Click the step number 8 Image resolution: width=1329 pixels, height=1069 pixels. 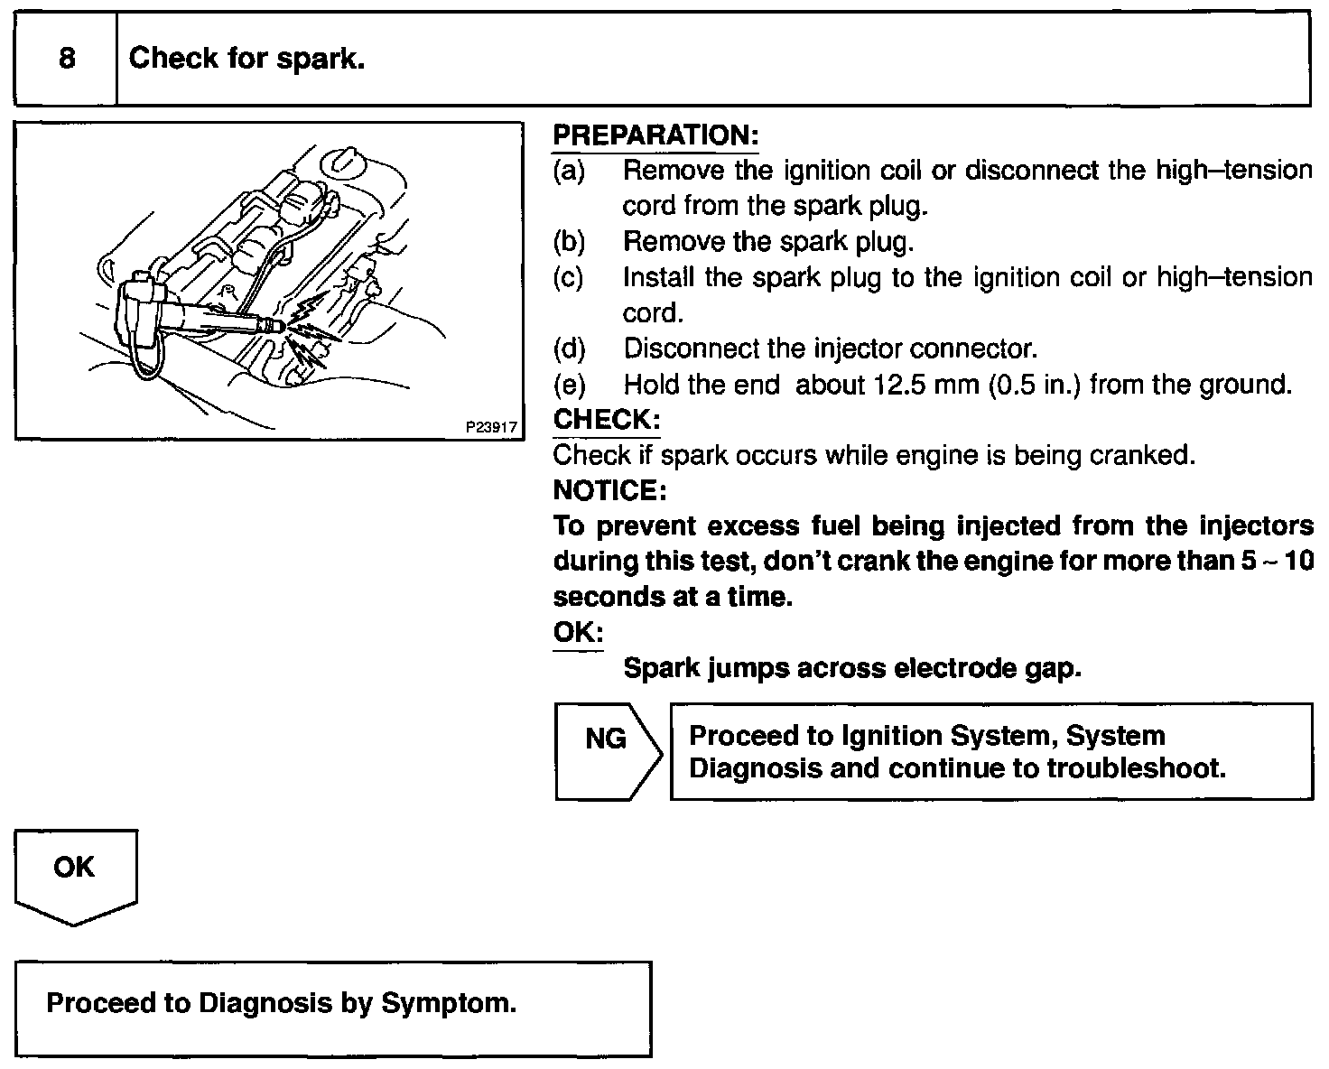(x=67, y=60)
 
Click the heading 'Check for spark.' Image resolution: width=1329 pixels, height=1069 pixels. (x=246, y=60)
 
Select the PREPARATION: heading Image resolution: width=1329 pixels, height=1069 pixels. (x=655, y=135)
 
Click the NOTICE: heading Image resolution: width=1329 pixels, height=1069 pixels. (x=609, y=490)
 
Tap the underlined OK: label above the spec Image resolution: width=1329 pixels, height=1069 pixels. (x=578, y=633)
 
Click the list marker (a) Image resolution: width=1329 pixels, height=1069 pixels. (x=569, y=171)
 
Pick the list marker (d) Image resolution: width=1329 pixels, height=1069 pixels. (x=569, y=349)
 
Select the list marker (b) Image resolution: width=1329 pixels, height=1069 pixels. (x=569, y=242)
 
